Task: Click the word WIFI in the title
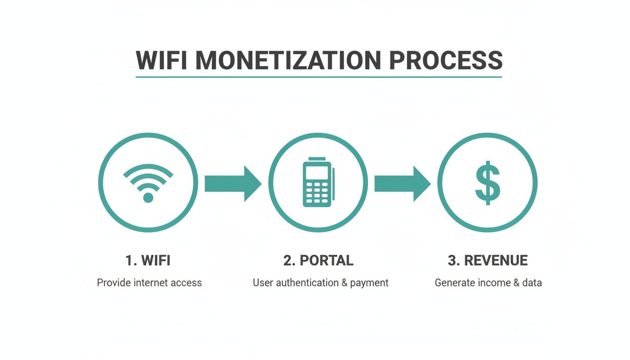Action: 161,60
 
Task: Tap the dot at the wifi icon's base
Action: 148,197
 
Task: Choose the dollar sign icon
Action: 487,183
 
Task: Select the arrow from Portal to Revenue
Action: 402,183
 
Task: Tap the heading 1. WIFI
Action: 148,261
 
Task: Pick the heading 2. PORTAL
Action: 318,261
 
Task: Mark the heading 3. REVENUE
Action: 487,261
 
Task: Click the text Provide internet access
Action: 149,283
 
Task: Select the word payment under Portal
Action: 369,283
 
